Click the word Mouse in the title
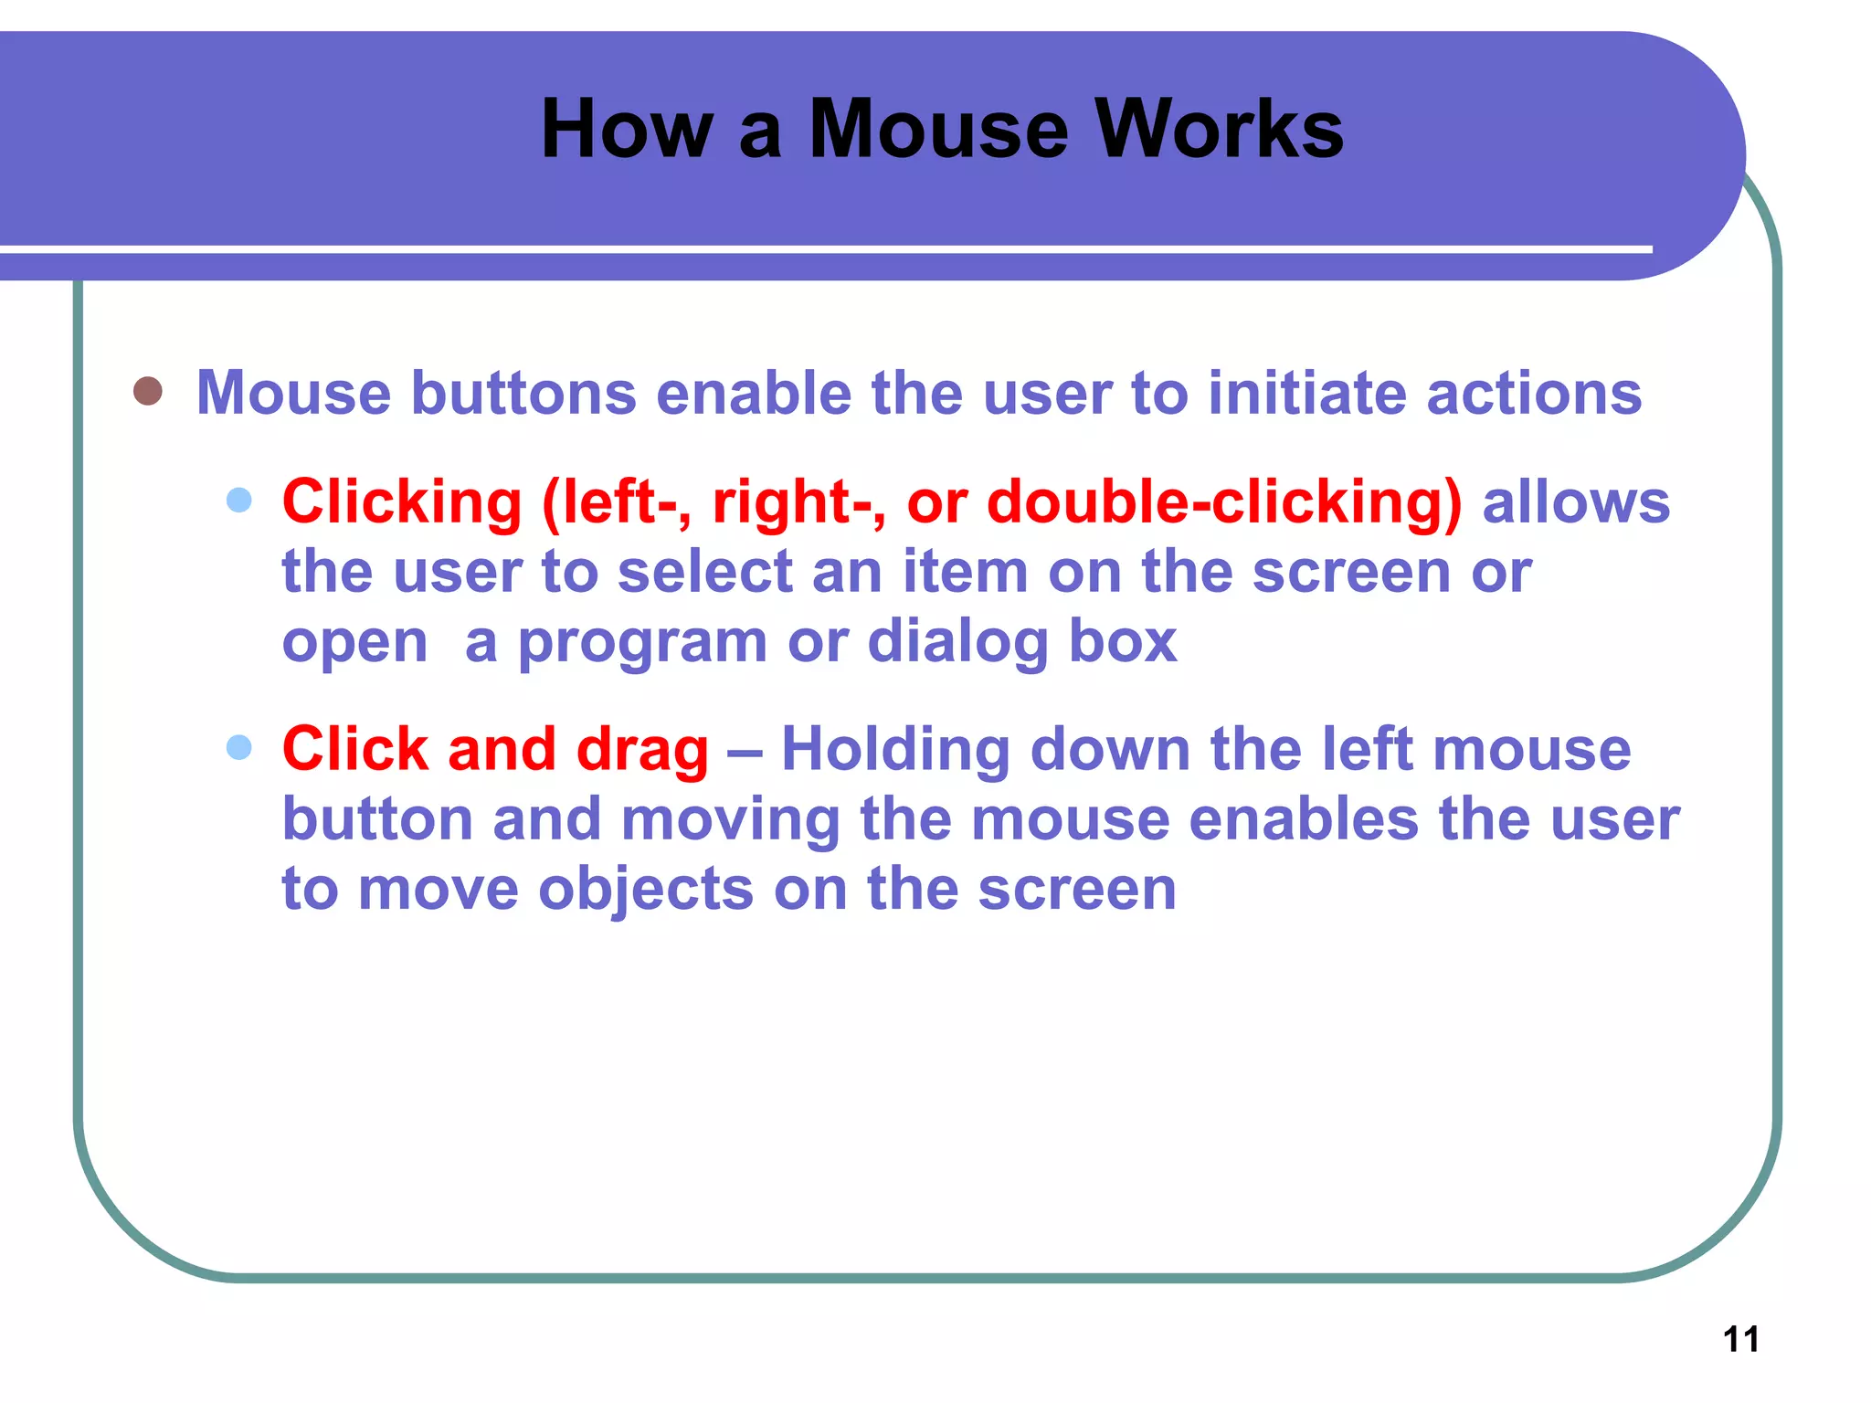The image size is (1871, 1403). [938, 130]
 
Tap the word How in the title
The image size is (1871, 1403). [627, 130]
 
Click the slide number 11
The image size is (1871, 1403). [1740, 1339]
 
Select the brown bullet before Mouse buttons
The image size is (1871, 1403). [148, 391]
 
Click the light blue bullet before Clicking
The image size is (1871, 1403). [238, 500]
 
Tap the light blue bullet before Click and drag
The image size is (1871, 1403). [238, 747]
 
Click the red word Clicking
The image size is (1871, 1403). [402, 502]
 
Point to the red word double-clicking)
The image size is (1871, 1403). [1224, 502]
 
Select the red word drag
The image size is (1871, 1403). [642, 751]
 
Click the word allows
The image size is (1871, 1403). [1576, 502]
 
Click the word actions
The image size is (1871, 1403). [1534, 393]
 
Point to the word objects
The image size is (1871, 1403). [646, 891]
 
